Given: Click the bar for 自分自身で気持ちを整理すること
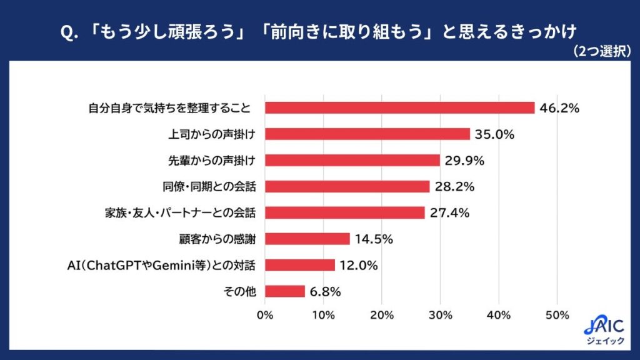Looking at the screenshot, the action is point(399,107).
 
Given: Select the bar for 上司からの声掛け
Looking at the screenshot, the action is point(367,134).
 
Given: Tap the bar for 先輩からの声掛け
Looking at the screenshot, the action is point(352,161).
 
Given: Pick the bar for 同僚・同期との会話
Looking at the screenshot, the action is point(347,186).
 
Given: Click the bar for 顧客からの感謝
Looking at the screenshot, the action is point(307,239).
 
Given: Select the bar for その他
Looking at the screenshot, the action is point(285,291).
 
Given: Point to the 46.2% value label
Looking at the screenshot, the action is point(559,108).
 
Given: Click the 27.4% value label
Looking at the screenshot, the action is point(449,212).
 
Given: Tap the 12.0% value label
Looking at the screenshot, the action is point(358,265).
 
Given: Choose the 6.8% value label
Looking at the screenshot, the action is point(325,291).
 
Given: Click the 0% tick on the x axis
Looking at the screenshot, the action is point(265,315).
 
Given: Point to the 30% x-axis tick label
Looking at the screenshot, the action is point(441,315).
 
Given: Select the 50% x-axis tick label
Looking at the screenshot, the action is point(557,315).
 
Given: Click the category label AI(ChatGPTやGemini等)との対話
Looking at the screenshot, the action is point(161,265).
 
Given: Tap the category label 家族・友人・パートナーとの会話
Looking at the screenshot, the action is point(180,213).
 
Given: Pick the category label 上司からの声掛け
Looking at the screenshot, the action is point(212,134).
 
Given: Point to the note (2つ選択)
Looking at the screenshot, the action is point(602,51).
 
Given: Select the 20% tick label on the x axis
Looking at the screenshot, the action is point(382,315).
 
